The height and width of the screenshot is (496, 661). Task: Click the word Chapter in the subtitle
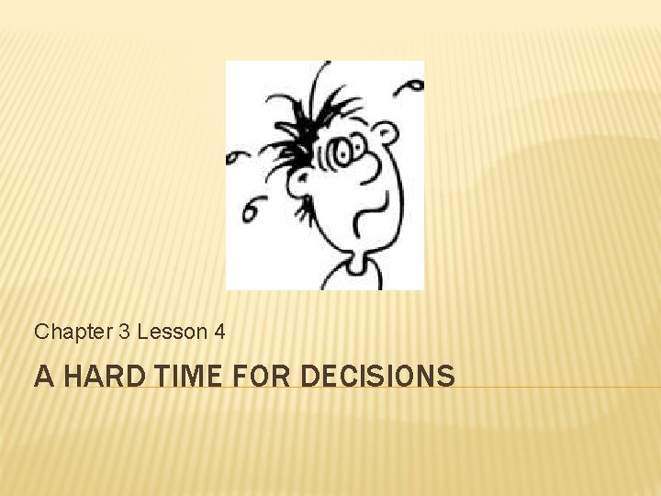73,333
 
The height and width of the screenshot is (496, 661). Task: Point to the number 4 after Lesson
218,333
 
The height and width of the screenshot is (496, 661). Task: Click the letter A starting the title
42,377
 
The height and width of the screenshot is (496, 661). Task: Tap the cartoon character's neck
360,261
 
